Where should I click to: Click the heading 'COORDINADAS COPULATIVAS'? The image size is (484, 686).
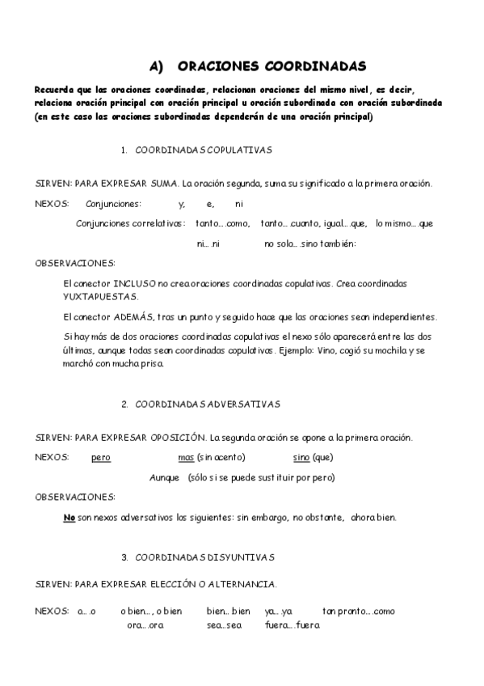click(204, 150)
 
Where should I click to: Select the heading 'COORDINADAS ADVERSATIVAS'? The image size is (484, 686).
click(208, 404)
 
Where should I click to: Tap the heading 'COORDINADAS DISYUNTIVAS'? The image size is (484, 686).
click(205, 557)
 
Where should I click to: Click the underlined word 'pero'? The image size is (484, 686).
click(101, 458)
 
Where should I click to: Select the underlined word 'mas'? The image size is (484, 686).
click(186, 458)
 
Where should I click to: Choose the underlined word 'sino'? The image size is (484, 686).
click(301, 458)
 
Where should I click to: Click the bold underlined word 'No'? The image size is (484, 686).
click(69, 517)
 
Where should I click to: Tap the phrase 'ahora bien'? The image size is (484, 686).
click(374, 517)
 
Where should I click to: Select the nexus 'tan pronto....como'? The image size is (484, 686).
click(358, 611)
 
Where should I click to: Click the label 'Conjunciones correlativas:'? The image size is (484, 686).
click(130, 223)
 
